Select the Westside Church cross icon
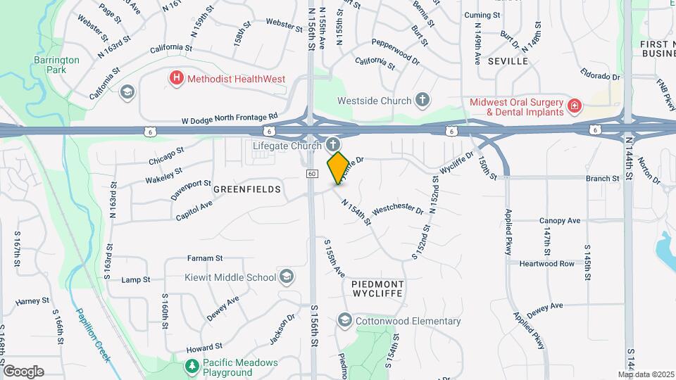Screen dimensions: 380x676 423,100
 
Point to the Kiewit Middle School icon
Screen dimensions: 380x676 287,277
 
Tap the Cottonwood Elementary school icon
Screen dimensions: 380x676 344,321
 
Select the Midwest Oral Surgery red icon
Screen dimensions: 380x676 575,106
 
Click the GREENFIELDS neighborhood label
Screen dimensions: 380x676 247,189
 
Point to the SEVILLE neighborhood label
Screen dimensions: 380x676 507,61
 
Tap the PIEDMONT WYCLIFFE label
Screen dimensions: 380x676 377,289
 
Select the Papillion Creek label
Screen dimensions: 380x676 92,336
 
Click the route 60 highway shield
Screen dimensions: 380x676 312,173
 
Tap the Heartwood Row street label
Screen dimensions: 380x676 547,264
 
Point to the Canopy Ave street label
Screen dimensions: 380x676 560,221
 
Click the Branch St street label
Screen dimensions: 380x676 603,179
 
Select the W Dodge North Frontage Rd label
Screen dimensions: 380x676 230,118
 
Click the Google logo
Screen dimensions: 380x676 23,372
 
